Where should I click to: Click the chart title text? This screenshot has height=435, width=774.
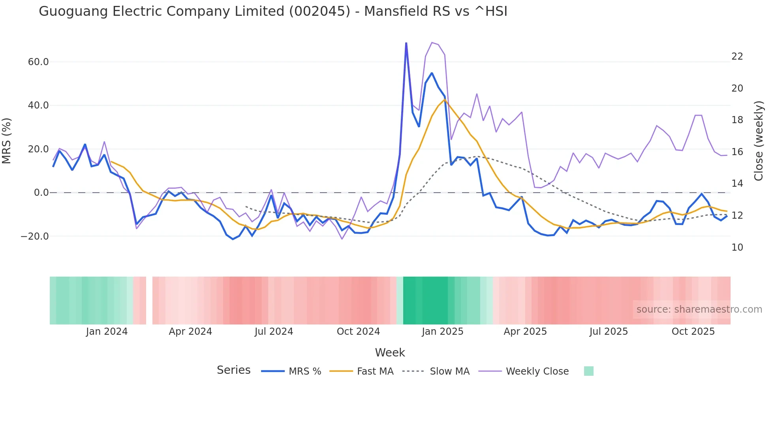pyautogui.click(x=273, y=11)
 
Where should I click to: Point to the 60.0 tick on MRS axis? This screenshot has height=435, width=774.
pyautogui.click(x=38, y=62)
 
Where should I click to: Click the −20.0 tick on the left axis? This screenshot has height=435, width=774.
pyautogui.click(x=35, y=236)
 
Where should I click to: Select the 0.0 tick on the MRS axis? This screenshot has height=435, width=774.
pyautogui.click(x=41, y=193)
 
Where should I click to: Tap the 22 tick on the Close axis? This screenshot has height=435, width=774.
pyautogui.click(x=737, y=56)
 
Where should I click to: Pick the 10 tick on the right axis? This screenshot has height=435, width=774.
pyautogui.click(x=737, y=247)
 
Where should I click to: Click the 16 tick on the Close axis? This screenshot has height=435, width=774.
pyautogui.click(x=737, y=152)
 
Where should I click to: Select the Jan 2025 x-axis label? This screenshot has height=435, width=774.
pyautogui.click(x=442, y=332)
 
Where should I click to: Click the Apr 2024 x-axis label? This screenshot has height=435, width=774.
pyautogui.click(x=190, y=332)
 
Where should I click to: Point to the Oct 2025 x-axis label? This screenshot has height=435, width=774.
pyautogui.click(x=693, y=332)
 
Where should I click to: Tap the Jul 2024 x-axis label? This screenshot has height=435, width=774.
pyautogui.click(x=274, y=332)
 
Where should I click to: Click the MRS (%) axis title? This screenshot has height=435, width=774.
pyautogui.click(x=7, y=141)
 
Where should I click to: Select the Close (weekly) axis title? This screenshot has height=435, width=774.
pyautogui.click(x=759, y=141)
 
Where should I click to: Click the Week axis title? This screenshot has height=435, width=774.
pyautogui.click(x=390, y=352)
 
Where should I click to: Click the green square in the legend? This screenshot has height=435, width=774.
pyautogui.click(x=588, y=371)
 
